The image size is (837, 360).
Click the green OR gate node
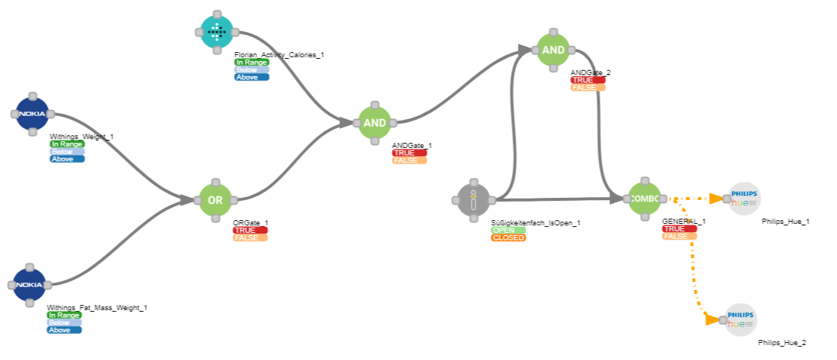click(216, 200)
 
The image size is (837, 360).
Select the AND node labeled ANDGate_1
click(375, 122)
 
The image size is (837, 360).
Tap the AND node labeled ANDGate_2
click(553, 50)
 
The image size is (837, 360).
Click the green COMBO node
click(644, 199)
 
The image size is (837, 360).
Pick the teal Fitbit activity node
click(216, 31)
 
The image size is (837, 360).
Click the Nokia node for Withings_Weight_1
click(32, 114)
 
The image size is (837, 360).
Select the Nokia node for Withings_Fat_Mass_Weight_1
click(29, 285)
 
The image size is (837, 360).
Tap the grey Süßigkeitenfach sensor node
click(472, 199)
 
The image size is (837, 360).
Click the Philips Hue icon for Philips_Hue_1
click(744, 198)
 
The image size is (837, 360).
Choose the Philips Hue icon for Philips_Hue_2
click(741, 319)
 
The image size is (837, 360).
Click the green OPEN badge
click(508, 231)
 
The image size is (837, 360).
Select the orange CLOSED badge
click(508, 238)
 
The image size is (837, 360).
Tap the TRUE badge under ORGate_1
click(250, 231)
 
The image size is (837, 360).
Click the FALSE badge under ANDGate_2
click(588, 87)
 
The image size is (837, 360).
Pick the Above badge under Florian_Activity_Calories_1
click(251, 77)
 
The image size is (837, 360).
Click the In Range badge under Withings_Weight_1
click(67, 144)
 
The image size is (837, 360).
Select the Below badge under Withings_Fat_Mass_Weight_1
click(64, 323)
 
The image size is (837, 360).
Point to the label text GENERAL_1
click(684, 221)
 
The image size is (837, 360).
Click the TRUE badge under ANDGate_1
click(409, 153)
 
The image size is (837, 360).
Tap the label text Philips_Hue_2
click(782, 343)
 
